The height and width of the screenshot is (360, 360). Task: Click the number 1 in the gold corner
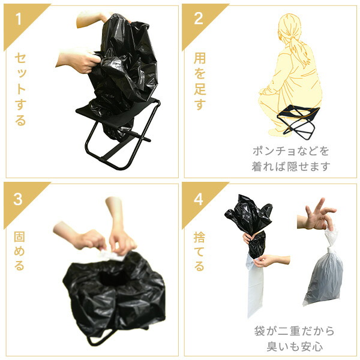tap(19, 19)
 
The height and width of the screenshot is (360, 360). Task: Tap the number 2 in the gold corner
tap(199, 18)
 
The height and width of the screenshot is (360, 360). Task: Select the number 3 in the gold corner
tap(18, 199)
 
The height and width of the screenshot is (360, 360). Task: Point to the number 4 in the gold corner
tap(199, 199)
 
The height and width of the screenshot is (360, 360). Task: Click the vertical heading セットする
tap(20, 89)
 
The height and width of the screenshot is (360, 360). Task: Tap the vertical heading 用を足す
tap(200, 81)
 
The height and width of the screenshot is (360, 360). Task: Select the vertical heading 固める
tap(19, 251)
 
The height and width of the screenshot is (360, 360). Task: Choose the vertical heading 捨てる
tap(199, 251)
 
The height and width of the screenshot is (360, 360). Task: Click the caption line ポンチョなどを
tap(290, 151)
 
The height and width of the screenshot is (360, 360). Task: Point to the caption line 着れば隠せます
tap(291, 166)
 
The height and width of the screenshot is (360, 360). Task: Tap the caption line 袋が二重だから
tap(294, 331)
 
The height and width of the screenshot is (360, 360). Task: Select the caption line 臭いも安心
tap(295, 346)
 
